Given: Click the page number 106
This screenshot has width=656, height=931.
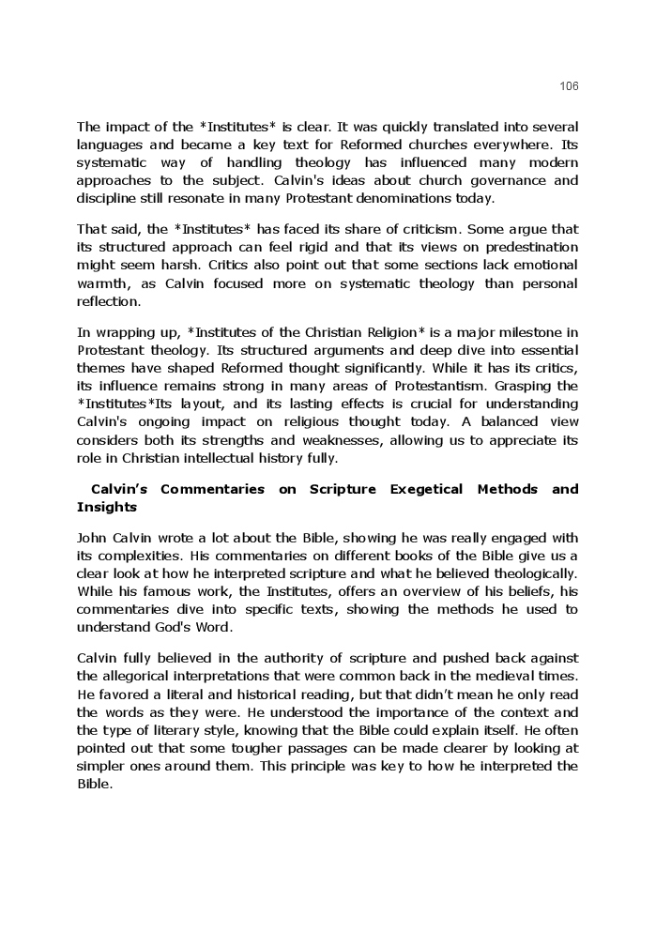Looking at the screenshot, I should tap(569, 86).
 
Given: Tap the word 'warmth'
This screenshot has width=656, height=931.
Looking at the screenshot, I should tap(102, 283).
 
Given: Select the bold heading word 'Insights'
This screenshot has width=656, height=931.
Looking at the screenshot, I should tap(107, 507).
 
